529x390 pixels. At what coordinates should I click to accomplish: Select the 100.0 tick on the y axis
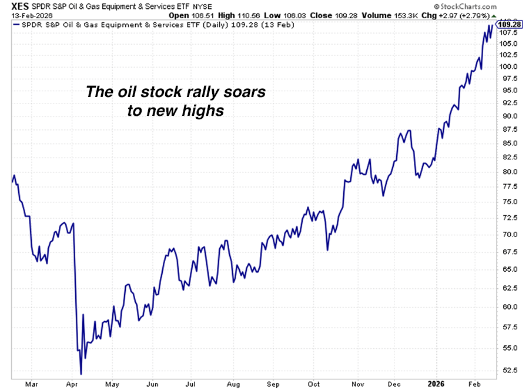tap(508, 66)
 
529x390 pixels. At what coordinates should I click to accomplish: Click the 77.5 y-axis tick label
tap(508, 186)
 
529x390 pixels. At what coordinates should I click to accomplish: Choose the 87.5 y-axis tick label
tap(508, 129)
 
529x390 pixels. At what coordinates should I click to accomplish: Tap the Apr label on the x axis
tap(73, 384)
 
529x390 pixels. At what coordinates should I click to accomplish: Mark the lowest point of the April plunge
tap(81, 374)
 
